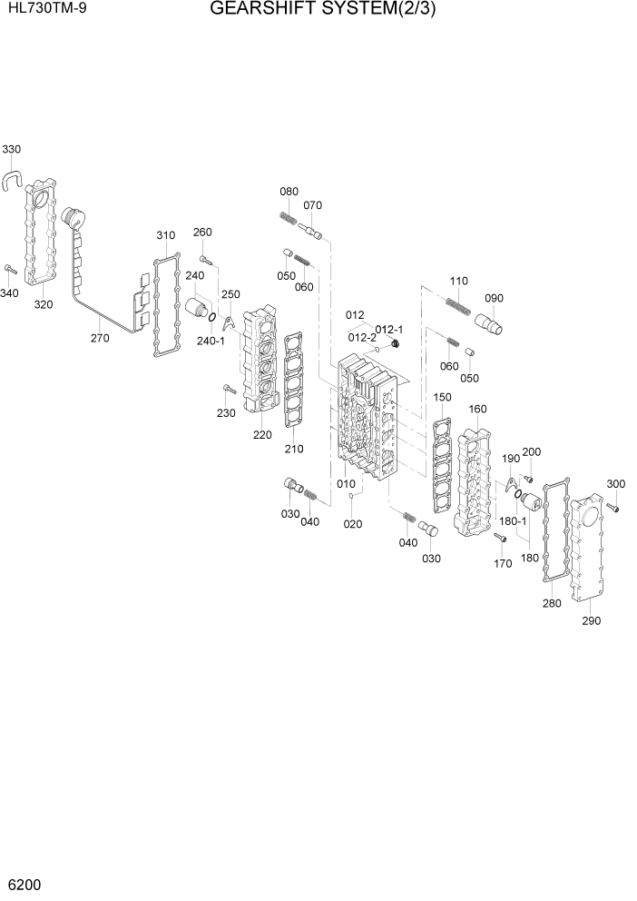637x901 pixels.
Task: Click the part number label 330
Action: point(12,149)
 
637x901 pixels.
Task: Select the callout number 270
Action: point(99,338)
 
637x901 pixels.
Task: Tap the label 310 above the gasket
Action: point(165,235)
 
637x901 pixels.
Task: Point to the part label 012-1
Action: point(389,329)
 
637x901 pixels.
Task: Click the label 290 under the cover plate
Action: point(591,621)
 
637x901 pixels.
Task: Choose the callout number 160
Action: point(478,409)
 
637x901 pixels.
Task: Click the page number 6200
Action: point(24,884)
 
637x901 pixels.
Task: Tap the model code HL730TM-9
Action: point(42,11)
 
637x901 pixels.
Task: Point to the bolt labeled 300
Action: point(613,510)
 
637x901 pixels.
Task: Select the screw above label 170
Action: point(499,537)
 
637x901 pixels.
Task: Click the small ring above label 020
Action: point(352,497)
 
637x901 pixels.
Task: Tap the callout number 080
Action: point(289,192)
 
